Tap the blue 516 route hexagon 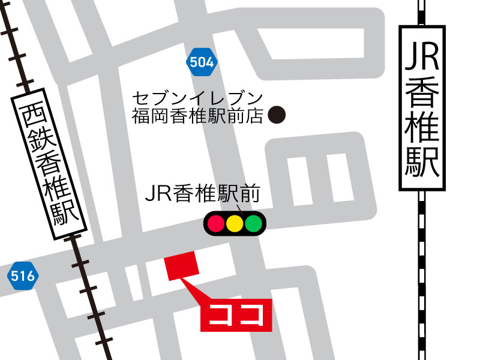(x=22, y=277)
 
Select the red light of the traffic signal (x=215, y=224)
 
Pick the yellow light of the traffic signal (x=235, y=224)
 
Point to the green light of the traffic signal (x=254, y=224)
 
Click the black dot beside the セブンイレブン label (x=276, y=114)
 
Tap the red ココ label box (x=236, y=314)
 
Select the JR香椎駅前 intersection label (x=202, y=194)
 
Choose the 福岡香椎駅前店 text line (x=198, y=115)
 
